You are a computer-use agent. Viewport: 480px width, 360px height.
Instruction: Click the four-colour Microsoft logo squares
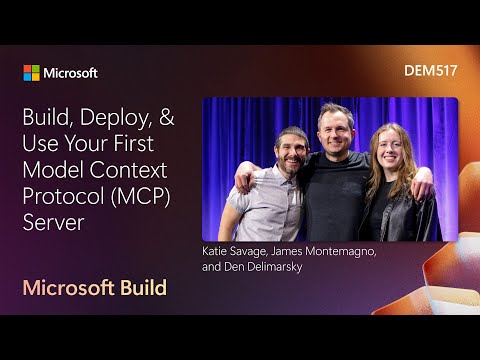31,73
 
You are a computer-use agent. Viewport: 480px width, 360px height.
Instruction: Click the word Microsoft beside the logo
70,73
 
